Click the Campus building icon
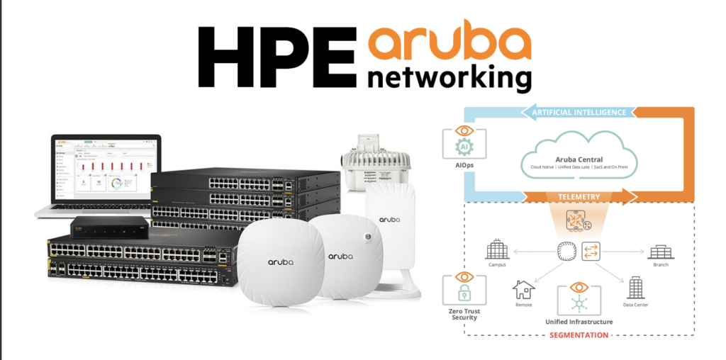tap(493, 249)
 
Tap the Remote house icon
tap(524, 289)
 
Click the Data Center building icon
tap(635, 287)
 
